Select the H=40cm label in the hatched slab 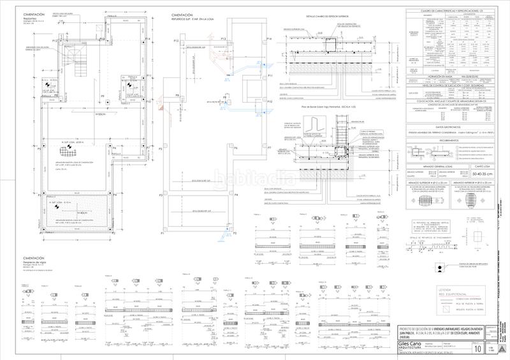coord(82,213)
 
